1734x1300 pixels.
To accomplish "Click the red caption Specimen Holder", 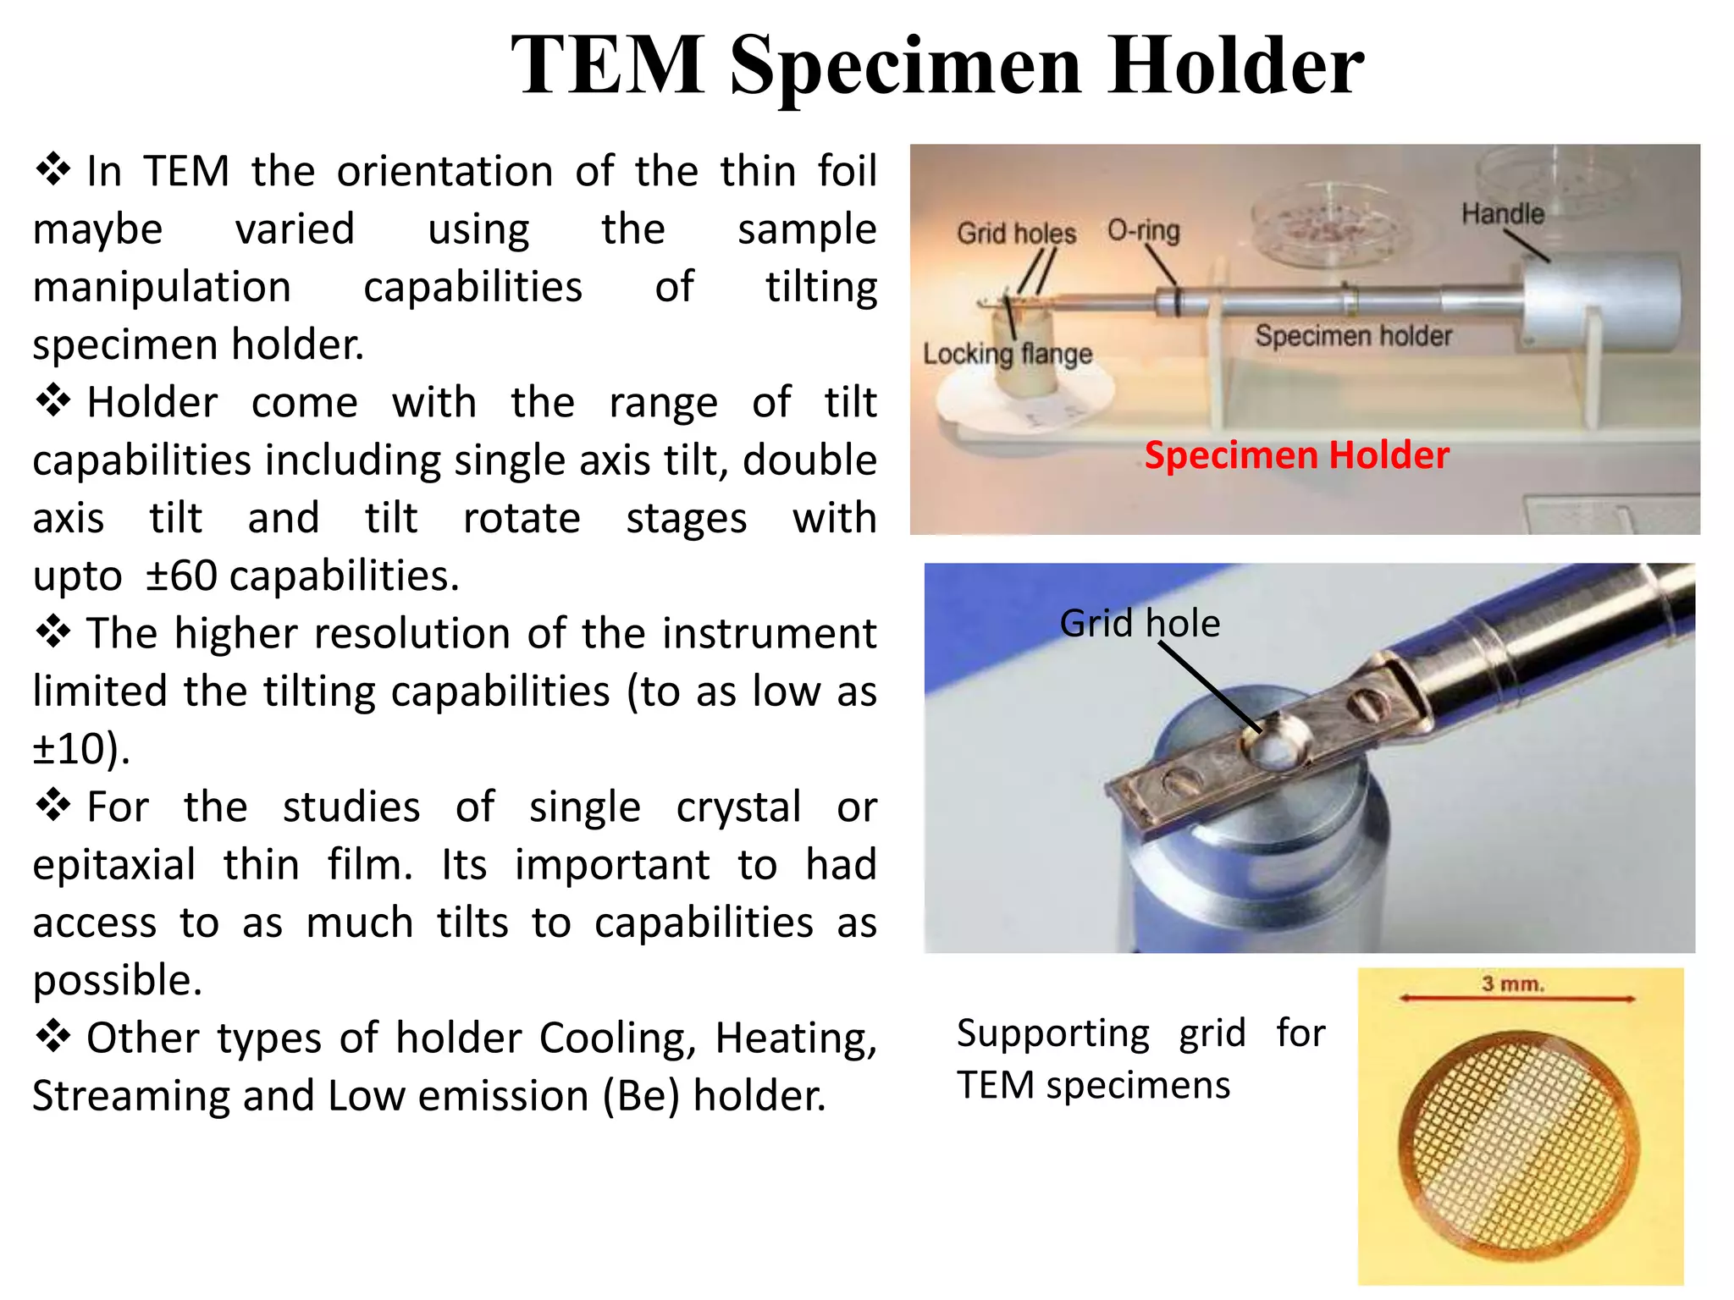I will [1296, 455].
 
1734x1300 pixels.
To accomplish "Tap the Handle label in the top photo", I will [1503, 213].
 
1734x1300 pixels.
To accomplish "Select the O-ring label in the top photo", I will [1143, 230].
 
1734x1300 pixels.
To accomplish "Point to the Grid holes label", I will [1016, 233].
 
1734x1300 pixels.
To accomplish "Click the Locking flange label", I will [1007, 354].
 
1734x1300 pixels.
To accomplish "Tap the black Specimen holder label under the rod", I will [1353, 336].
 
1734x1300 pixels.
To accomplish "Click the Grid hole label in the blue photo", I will [1140, 624].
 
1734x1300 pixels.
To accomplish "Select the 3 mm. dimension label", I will [1513, 984].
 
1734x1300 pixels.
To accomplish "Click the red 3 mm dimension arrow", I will [1516, 1000].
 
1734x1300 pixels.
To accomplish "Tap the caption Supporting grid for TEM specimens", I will [1140, 1059].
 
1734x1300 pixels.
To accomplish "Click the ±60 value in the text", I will [181, 576].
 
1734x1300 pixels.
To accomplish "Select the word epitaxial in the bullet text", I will [114, 865].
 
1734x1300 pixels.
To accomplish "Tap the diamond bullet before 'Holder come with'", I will [52, 400].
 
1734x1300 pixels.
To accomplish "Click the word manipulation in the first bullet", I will [162, 287].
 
